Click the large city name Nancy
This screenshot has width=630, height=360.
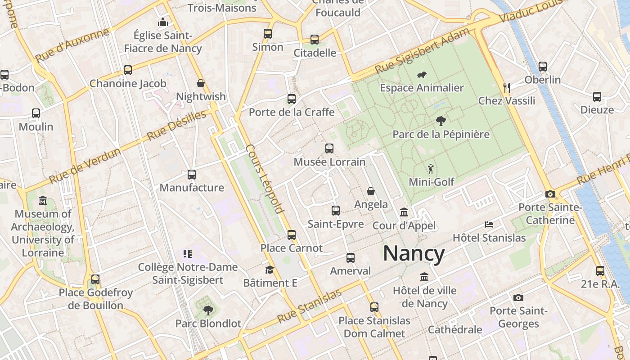[414, 253]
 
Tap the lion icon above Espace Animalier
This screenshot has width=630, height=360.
[422, 75]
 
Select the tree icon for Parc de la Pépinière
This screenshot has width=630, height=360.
[441, 121]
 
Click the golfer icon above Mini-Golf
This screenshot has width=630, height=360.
[431, 169]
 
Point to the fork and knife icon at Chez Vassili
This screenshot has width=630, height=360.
[507, 87]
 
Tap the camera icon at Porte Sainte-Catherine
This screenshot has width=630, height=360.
[550, 194]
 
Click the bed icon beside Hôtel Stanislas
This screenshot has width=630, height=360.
[489, 224]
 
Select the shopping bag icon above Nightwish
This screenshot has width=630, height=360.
[201, 83]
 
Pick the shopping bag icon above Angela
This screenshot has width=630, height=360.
[371, 191]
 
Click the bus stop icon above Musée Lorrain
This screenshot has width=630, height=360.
[329, 148]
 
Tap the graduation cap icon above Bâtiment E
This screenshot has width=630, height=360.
[270, 270]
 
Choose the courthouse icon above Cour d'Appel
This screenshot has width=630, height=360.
[404, 212]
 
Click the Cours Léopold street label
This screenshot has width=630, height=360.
[265, 179]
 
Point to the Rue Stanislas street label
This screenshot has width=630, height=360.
[310, 306]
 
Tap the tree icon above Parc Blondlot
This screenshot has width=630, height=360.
[208, 310]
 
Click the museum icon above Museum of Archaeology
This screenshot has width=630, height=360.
[43, 200]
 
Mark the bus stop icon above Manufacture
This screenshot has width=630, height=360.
[192, 174]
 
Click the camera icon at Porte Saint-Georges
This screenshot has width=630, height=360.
[518, 297]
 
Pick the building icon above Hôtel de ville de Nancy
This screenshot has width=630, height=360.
[424, 277]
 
